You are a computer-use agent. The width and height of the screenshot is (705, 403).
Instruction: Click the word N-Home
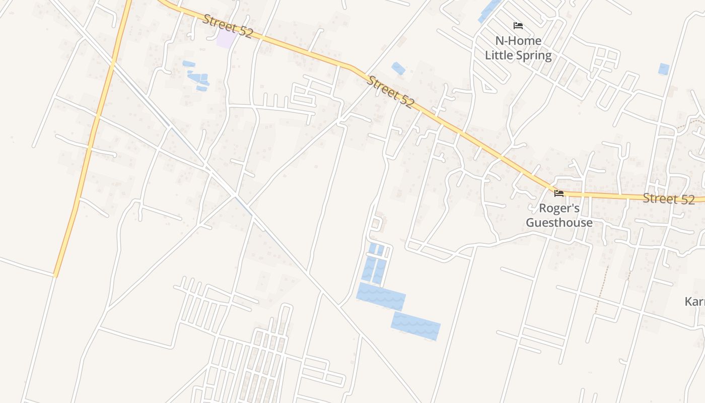(x=518, y=41)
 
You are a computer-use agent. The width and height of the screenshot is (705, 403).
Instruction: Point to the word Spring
(x=535, y=55)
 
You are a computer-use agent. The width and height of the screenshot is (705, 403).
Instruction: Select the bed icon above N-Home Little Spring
(x=518, y=26)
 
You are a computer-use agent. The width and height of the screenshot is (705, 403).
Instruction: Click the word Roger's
(x=559, y=208)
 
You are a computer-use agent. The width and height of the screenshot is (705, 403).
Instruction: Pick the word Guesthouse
(x=559, y=222)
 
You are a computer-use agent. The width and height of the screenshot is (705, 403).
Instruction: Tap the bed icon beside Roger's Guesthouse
(x=559, y=193)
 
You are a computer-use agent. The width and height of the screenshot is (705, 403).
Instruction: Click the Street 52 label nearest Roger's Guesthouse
(x=669, y=199)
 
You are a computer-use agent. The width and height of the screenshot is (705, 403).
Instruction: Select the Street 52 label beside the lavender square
(x=228, y=26)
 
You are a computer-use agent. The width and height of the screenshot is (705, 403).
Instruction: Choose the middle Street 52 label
(x=390, y=91)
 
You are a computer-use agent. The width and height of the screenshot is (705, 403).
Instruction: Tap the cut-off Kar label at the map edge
(x=695, y=302)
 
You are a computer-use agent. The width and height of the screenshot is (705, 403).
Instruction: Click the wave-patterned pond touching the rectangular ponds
(x=381, y=296)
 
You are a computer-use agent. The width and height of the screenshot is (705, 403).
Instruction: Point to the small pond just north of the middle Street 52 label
(x=398, y=68)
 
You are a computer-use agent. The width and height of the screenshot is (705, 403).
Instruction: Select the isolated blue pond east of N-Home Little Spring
(x=664, y=69)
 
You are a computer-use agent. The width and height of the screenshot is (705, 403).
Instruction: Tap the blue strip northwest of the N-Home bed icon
(x=489, y=11)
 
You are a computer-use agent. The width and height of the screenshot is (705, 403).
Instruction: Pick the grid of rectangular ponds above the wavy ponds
(x=375, y=264)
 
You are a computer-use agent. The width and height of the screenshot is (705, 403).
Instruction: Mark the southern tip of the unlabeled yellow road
(x=55, y=275)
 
